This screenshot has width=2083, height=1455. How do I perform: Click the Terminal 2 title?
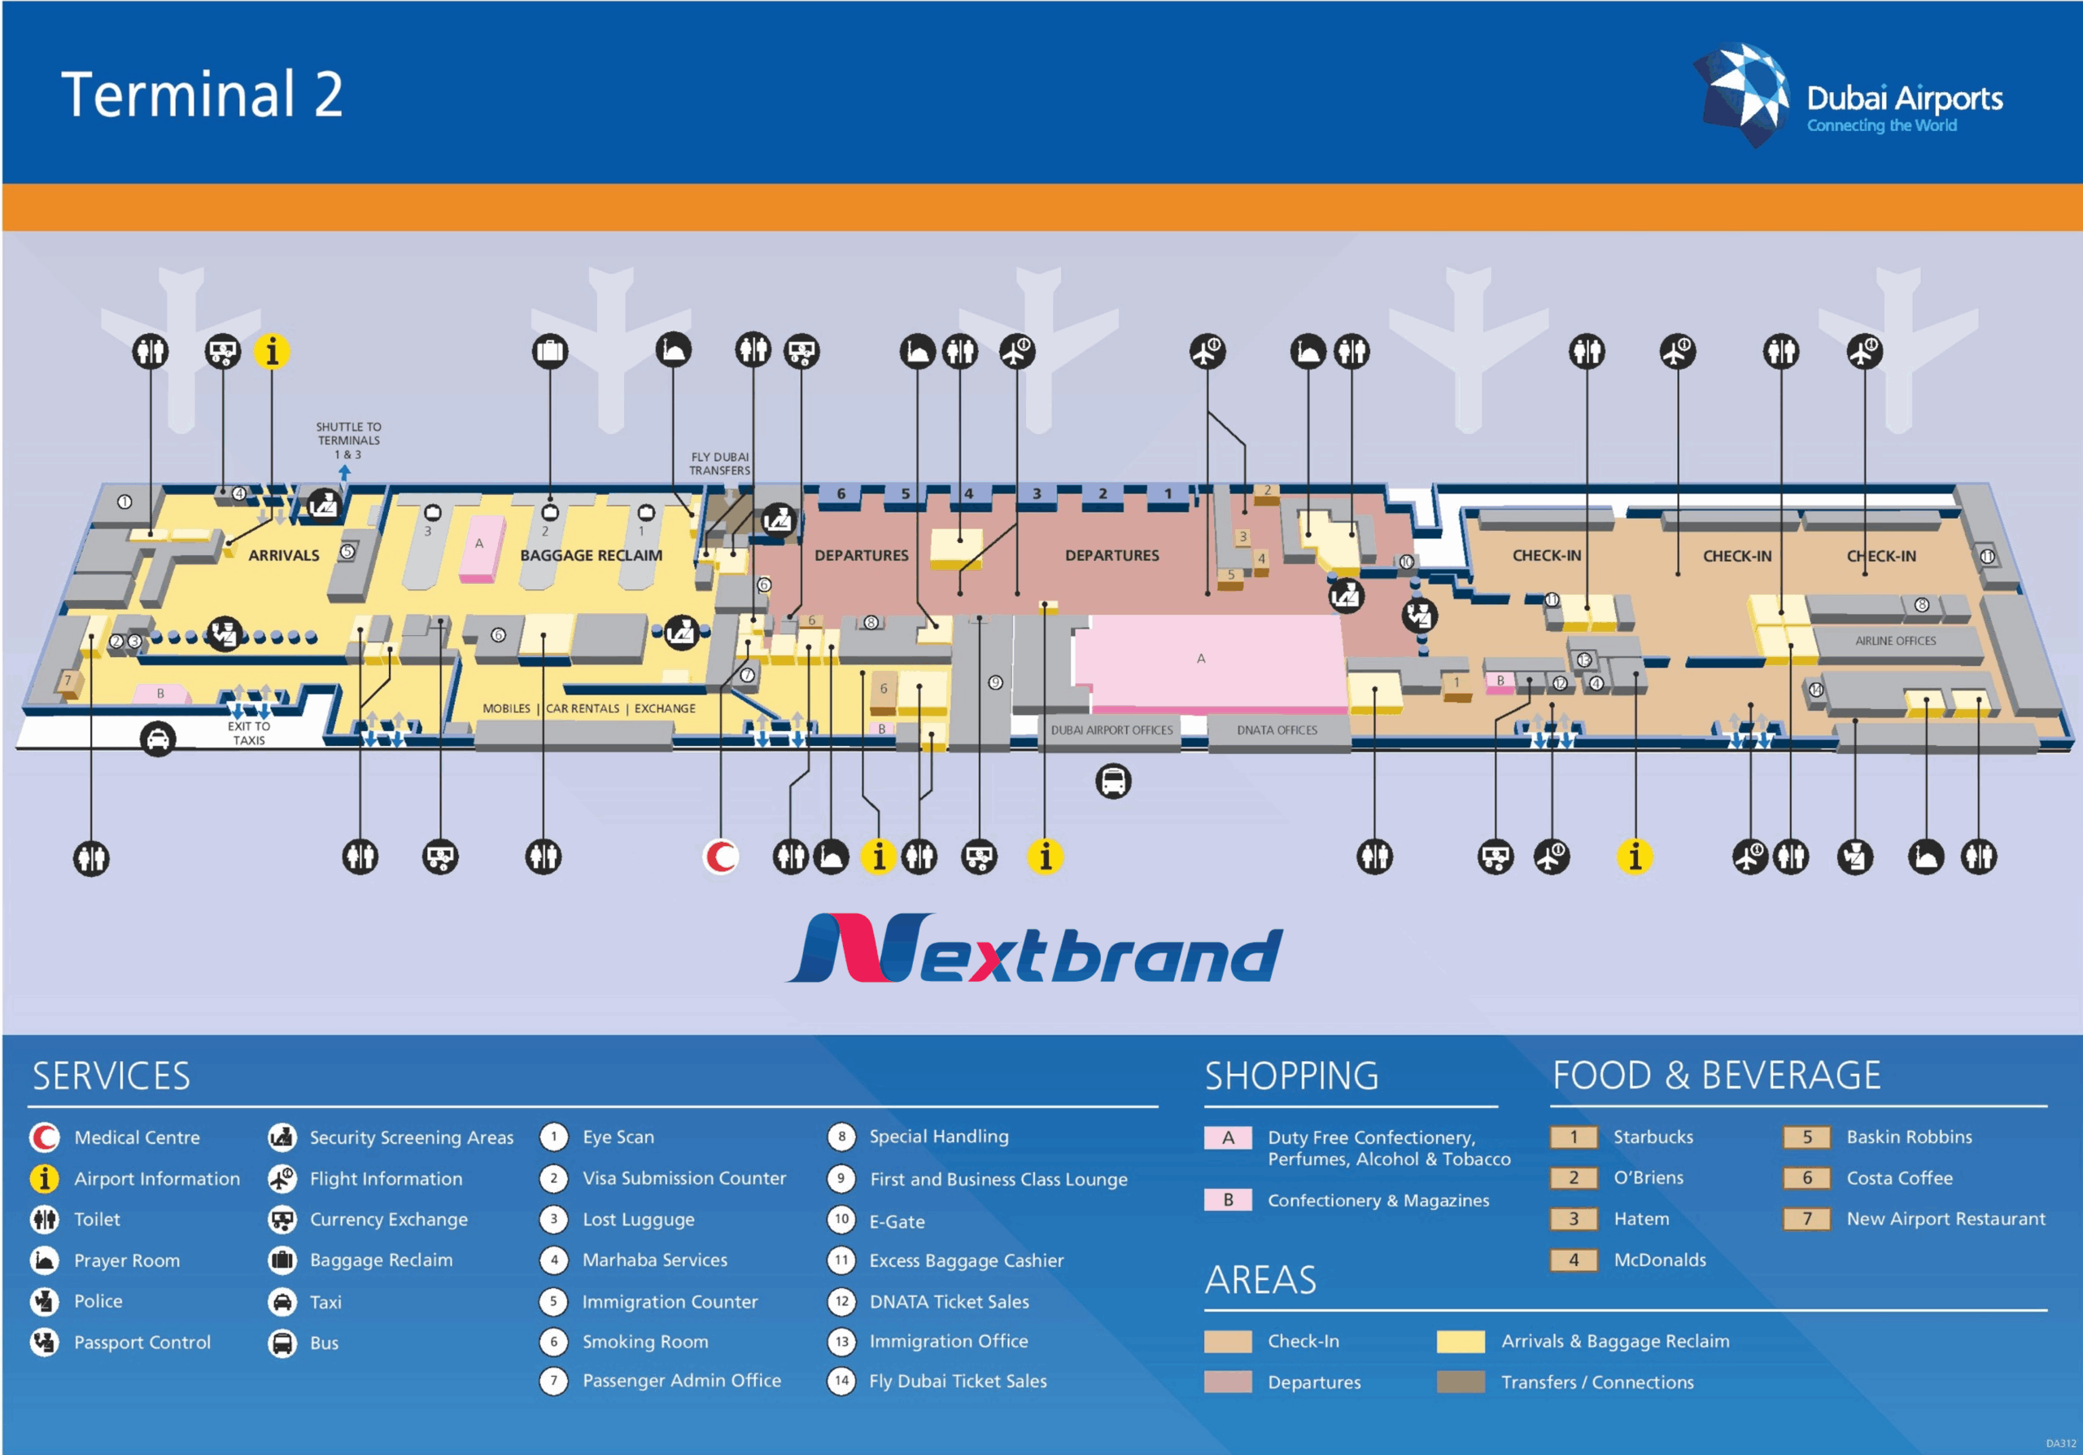coord(202,94)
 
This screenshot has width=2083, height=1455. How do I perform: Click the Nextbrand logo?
coord(1034,949)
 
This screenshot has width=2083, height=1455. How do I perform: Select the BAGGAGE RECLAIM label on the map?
coord(591,555)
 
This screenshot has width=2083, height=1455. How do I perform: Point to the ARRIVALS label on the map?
coord(283,555)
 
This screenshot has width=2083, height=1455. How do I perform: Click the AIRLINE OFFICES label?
coord(1895,641)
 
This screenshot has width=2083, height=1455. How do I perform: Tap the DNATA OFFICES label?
coord(1277,730)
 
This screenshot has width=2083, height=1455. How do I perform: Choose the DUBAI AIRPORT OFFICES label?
coord(1111,730)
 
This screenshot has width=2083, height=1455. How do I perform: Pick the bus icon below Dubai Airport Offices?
coord(1113,781)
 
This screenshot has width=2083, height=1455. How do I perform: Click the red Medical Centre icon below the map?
coord(721,856)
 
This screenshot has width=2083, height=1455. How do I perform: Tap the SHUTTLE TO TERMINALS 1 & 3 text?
coord(348,440)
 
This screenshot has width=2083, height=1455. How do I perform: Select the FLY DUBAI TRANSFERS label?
coord(719,464)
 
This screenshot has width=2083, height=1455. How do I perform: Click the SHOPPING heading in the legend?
coord(1291,1076)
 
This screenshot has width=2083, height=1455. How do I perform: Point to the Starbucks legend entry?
coord(1652,1137)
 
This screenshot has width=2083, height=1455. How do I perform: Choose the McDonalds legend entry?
coord(1659,1260)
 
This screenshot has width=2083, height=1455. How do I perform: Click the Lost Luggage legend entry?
coord(638,1220)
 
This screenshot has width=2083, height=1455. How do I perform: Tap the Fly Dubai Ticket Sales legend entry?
coord(957,1382)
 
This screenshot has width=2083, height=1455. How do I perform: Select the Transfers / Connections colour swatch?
coord(1461,1383)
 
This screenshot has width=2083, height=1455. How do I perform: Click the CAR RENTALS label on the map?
coord(583,709)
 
